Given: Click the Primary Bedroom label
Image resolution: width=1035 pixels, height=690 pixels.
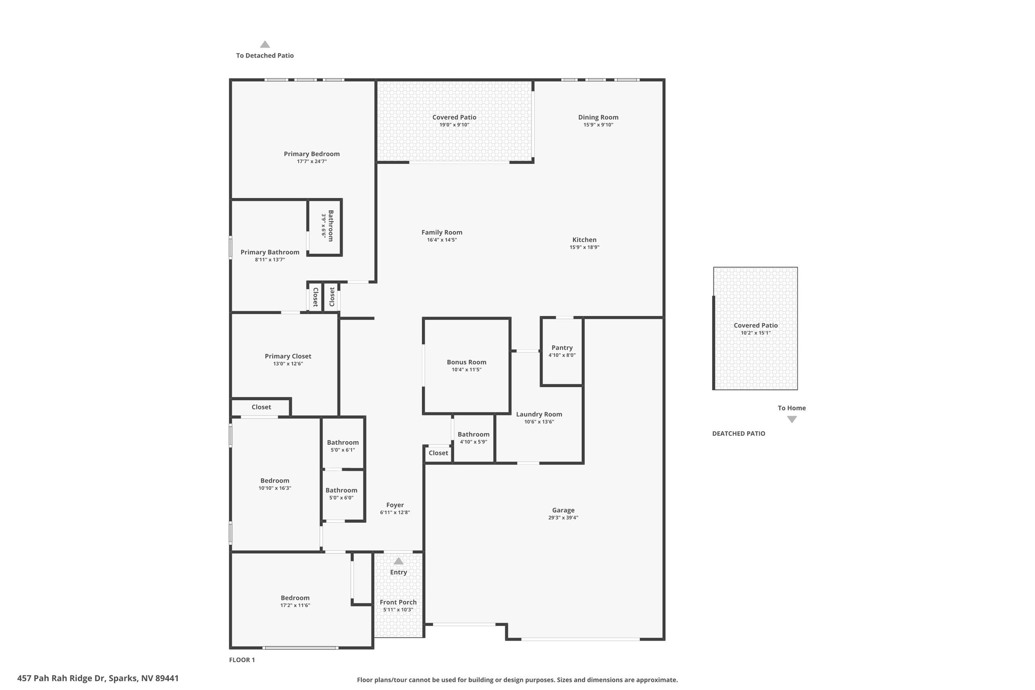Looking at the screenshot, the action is click(311, 154).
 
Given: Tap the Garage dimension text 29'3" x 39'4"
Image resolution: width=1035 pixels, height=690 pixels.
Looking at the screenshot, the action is click(563, 518).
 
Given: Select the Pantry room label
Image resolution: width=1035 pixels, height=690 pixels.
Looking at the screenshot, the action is click(562, 348).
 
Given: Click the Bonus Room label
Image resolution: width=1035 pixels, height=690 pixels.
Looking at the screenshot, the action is click(466, 362).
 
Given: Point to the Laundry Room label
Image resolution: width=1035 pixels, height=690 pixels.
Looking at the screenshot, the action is click(539, 415).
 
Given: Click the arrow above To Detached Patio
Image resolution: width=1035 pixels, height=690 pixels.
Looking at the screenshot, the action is click(265, 44).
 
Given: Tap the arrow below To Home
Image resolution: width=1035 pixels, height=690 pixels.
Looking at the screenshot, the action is click(792, 420).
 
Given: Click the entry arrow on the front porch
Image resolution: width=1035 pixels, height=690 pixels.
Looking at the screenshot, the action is click(398, 561).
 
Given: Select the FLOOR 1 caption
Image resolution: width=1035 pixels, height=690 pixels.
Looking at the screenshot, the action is click(242, 660).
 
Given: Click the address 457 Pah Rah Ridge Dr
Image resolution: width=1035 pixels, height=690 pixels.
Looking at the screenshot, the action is click(62, 678).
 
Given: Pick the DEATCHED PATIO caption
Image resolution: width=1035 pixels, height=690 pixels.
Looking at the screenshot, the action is click(738, 434).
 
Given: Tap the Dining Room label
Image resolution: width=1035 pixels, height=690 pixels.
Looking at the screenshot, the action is click(598, 117).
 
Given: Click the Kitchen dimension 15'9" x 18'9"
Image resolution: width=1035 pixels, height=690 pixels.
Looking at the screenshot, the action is click(584, 247).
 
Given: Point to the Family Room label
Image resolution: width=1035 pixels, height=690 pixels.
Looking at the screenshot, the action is click(442, 233).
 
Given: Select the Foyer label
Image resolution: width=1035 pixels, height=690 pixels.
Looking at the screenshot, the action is click(395, 505).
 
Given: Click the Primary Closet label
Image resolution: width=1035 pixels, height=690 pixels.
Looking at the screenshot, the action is click(288, 356).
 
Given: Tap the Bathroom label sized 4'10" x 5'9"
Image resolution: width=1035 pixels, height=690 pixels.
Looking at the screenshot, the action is click(474, 434).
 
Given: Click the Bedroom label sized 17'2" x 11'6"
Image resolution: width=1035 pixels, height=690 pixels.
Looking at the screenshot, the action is click(295, 598).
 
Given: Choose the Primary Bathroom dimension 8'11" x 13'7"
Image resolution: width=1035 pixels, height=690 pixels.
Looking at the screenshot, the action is click(270, 260).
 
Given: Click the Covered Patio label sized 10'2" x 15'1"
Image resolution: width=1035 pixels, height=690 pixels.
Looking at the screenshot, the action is click(756, 326).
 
